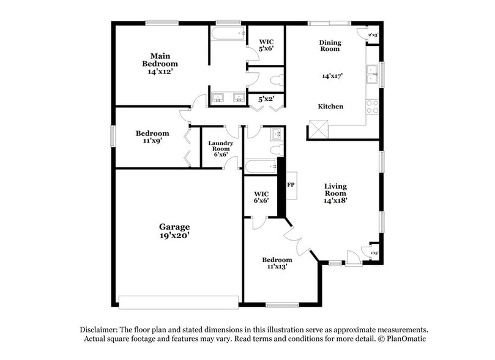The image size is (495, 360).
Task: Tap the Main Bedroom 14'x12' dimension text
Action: click(160, 72)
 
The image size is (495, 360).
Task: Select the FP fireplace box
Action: click(291, 184)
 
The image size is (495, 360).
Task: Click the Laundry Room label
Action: click(221, 146)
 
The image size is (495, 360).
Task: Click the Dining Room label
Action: click(330, 46)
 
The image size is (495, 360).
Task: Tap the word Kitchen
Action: click(330, 107)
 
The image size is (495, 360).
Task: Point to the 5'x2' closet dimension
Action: click(266, 99)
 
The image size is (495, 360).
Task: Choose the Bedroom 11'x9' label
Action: click(152, 137)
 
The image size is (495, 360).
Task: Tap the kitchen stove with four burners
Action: click(372, 107)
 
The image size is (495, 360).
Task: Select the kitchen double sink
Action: click(371, 75)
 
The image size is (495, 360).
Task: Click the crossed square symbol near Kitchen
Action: click(319, 130)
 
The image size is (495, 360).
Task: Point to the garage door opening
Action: click(178, 302)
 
